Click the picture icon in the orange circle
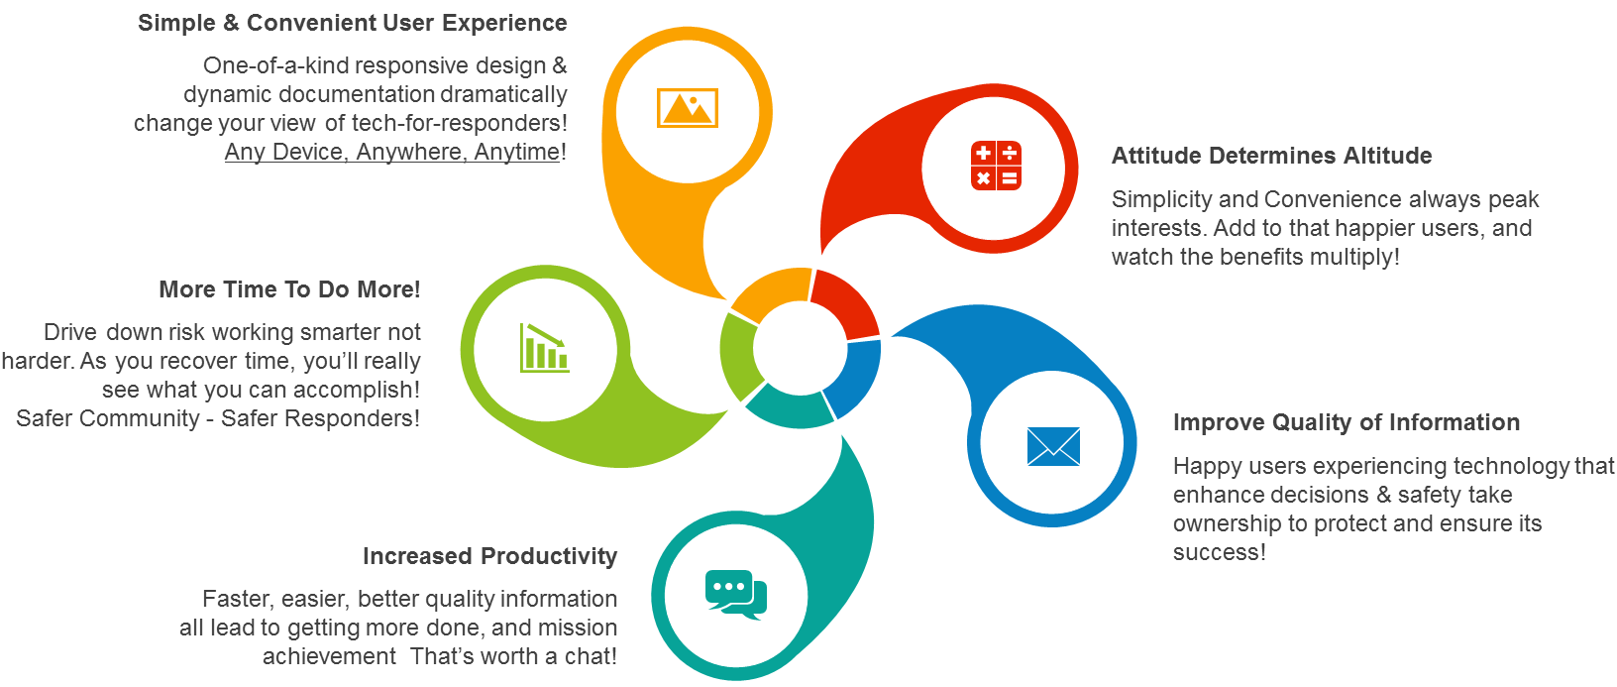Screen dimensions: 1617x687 pos(688,108)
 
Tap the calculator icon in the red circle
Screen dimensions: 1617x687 pos(996,166)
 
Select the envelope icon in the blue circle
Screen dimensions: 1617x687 pos(1053,446)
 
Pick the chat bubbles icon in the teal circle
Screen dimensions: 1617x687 pos(735,595)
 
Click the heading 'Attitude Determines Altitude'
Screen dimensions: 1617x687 pos(1271,156)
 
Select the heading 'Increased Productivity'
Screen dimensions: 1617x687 pos(490,555)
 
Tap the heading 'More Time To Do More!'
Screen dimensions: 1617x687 pos(289,288)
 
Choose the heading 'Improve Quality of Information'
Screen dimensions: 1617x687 pos(1347,422)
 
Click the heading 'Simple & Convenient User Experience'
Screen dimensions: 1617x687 pos(353,23)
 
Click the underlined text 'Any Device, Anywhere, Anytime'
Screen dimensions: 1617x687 pos(392,152)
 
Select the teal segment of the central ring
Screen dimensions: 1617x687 pos(790,408)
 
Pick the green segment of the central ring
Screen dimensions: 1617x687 pos(738,356)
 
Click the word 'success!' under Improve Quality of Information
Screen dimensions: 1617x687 pos(1220,552)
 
